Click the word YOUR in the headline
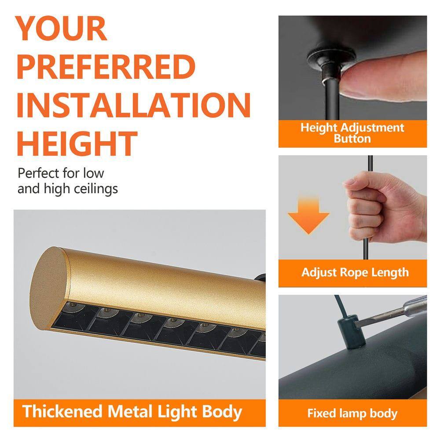tap(62, 29)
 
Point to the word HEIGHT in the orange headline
tap(77, 143)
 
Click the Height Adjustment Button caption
tap(352, 133)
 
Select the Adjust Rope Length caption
tap(355, 272)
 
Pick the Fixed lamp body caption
tap(352, 414)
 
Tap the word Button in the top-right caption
tap(352, 139)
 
